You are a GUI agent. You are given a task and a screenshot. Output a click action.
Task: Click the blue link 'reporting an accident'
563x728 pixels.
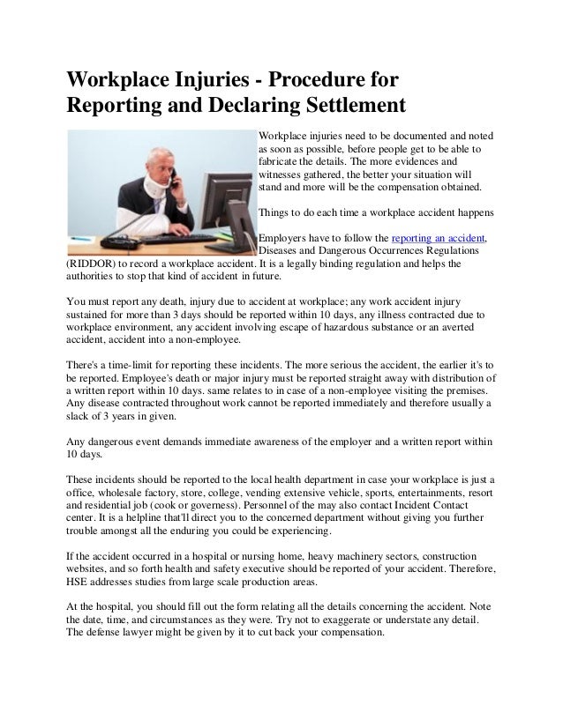[438, 239]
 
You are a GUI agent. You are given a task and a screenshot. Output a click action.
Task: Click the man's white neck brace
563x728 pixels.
[131, 177]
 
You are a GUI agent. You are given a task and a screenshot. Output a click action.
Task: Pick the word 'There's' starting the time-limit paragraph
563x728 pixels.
[86, 364]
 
